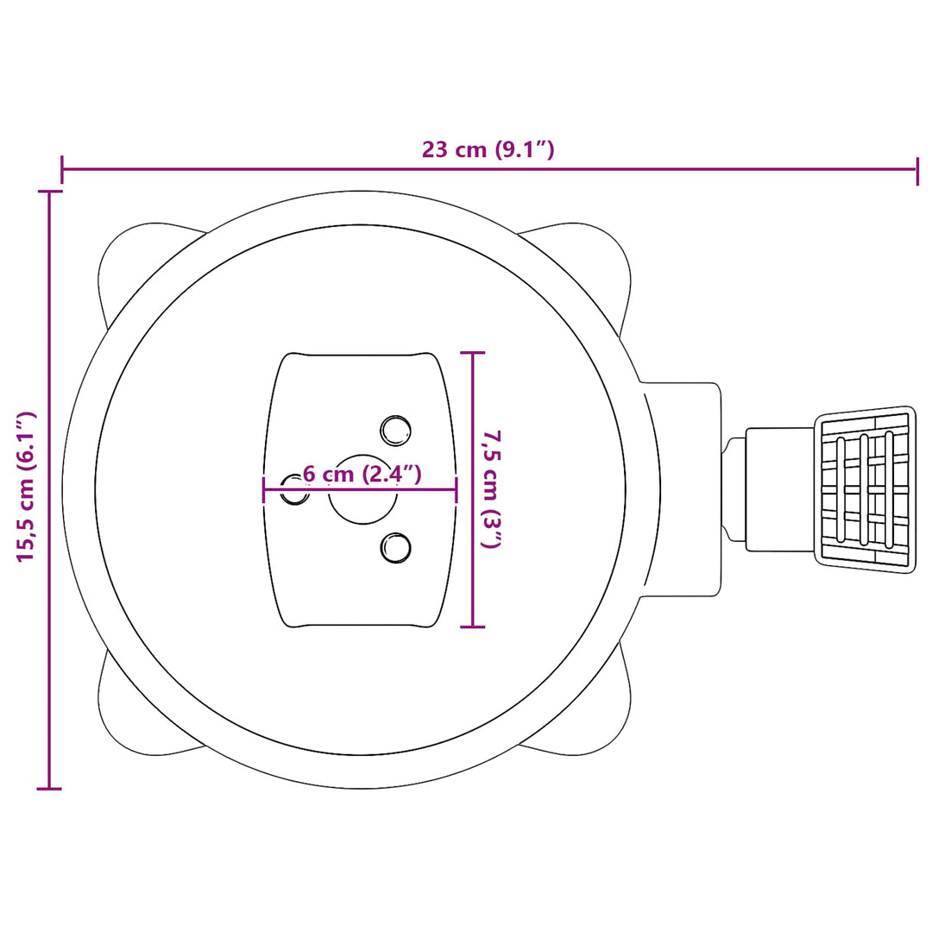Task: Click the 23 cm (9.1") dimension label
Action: pyautogui.click(x=488, y=149)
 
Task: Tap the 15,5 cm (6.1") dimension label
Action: pyautogui.click(x=26, y=486)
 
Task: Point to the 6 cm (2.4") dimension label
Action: pyautogui.click(x=362, y=475)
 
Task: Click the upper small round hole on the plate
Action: pyautogui.click(x=396, y=431)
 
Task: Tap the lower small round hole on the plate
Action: pyautogui.click(x=396, y=547)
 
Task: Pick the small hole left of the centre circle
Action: pyautogui.click(x=294, y=489)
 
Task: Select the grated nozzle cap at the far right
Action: pyautogui.click(x=866, y=489)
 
